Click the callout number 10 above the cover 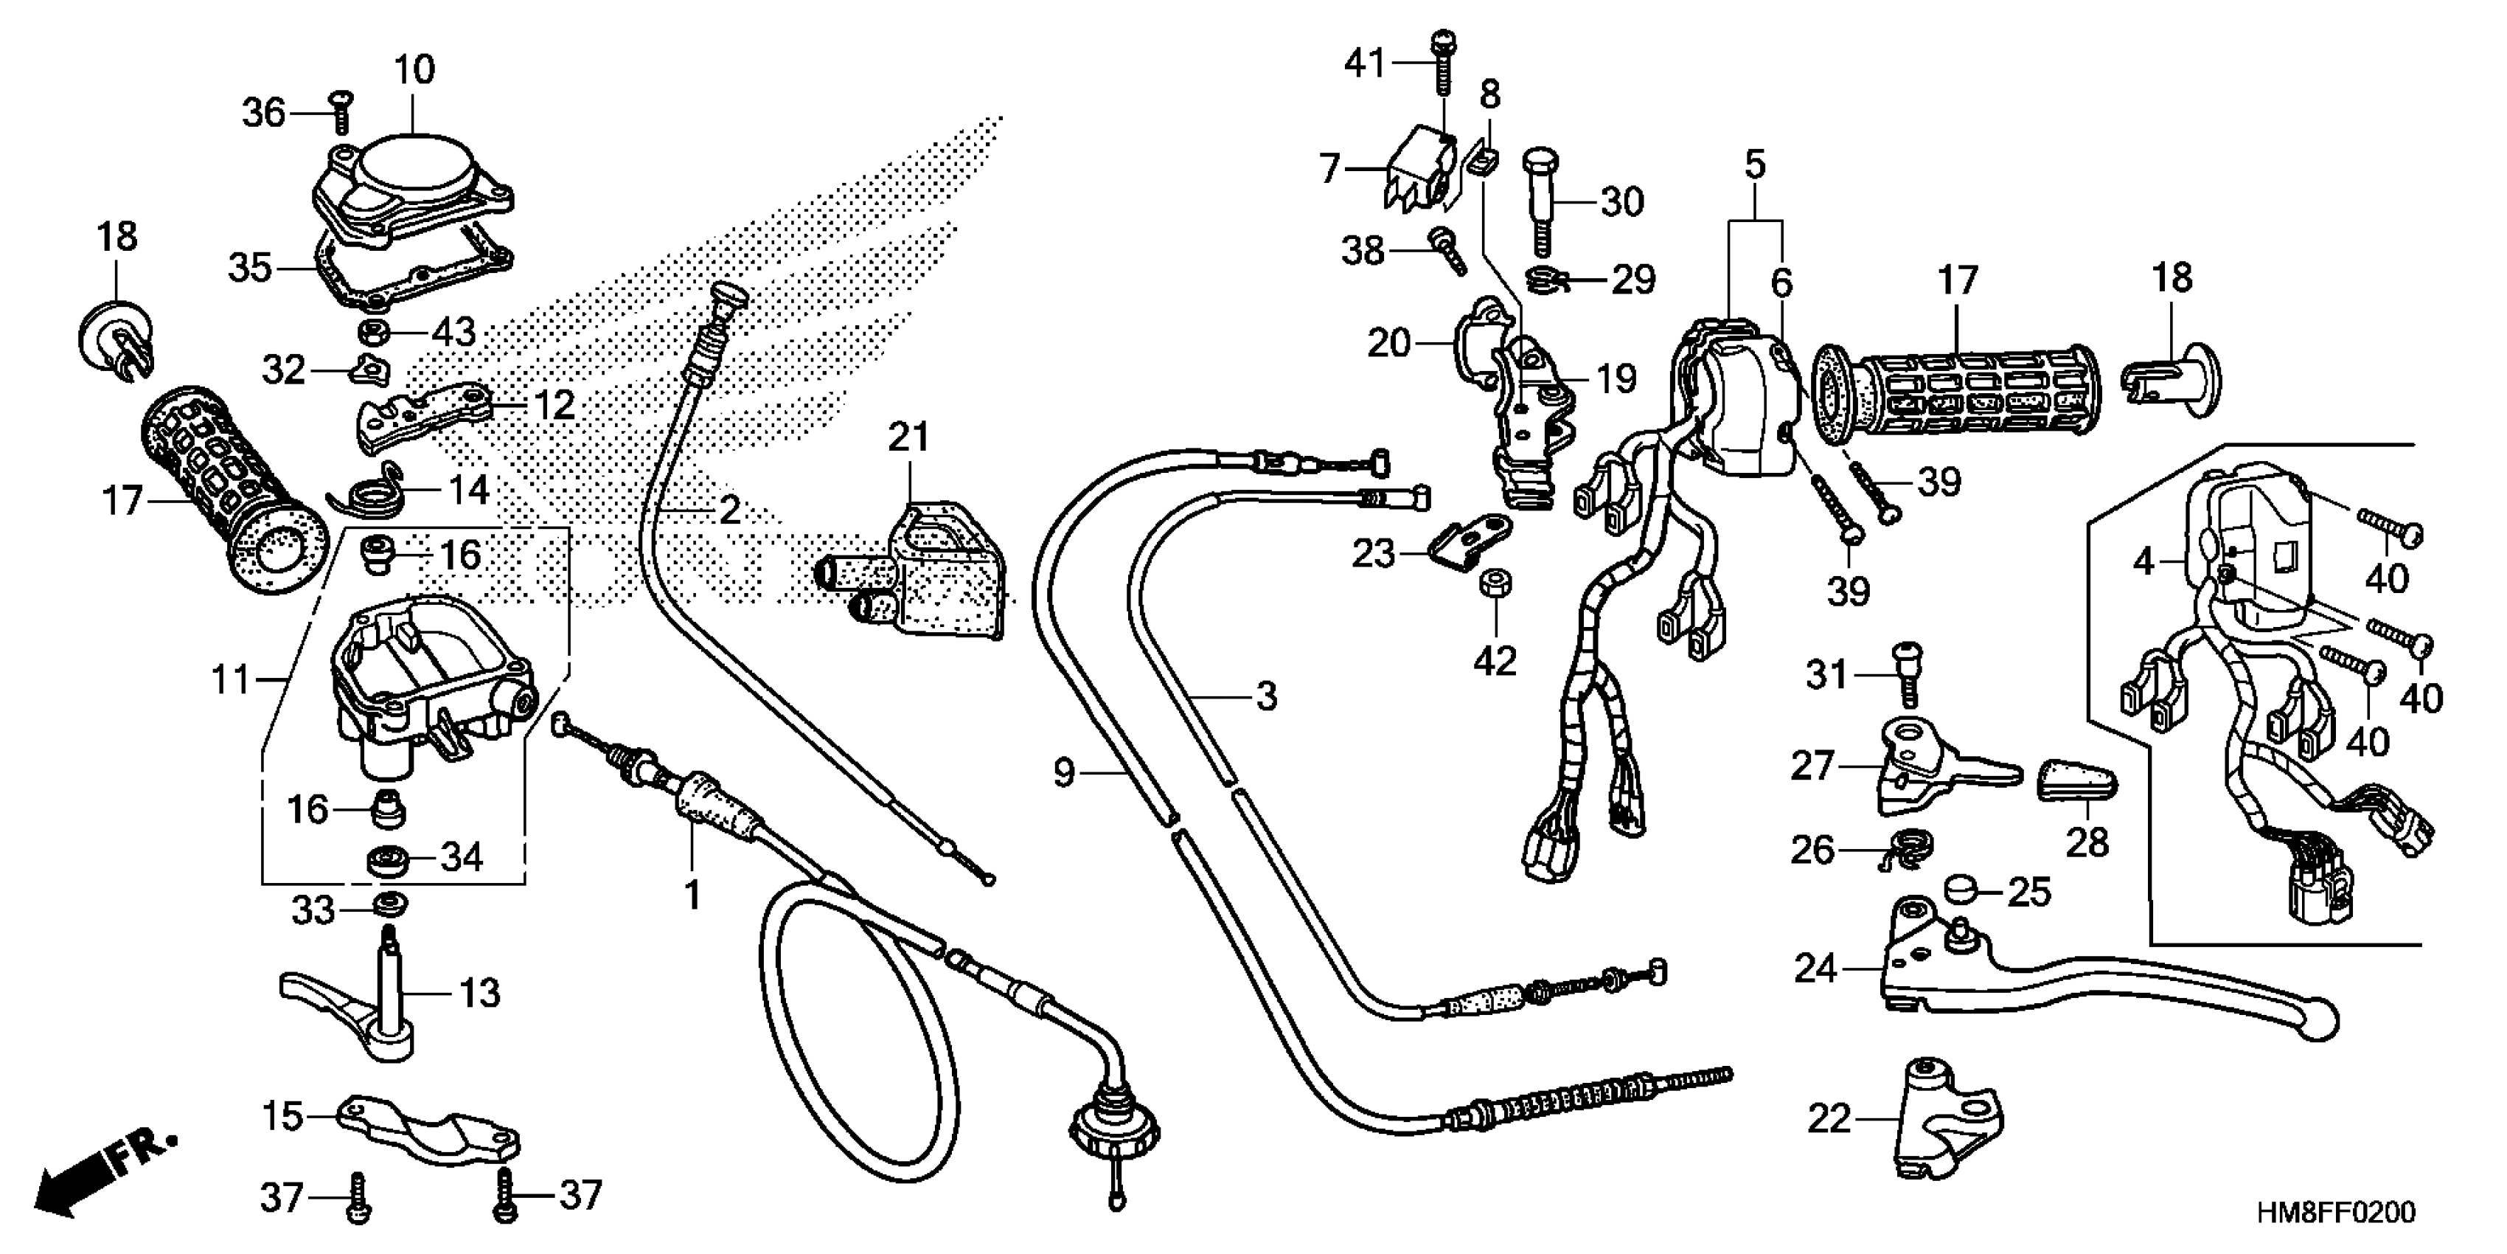coord(414,70)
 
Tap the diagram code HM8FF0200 coord(2337,1213)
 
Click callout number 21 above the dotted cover coord(908,438)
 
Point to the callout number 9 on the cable coord(1064,774)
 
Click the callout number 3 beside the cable coord(1265,696)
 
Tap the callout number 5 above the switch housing coord(1753,165)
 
